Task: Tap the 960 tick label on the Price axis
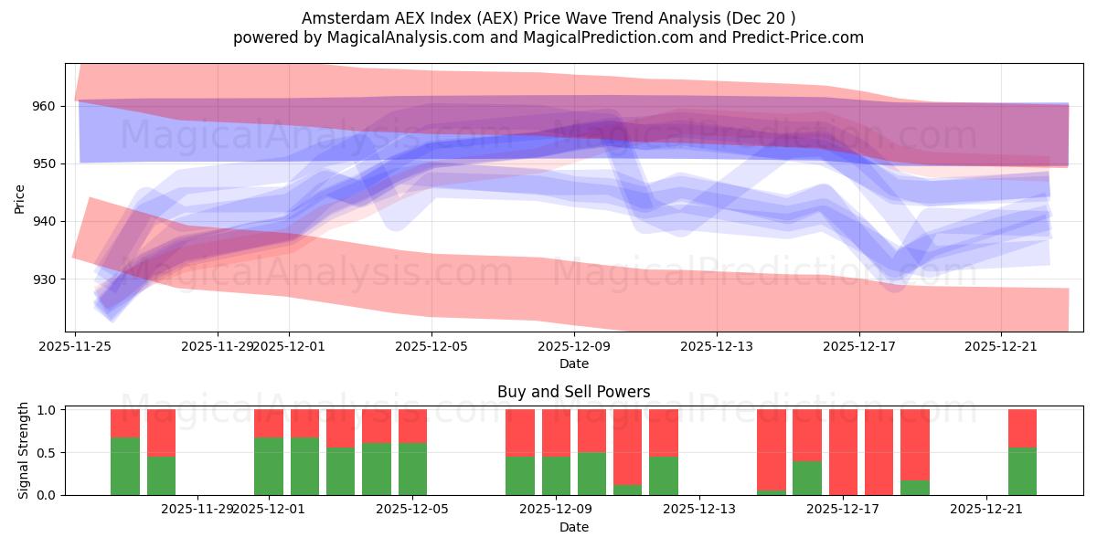[x=44, y=106]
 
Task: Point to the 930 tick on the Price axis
[x=44, y=279]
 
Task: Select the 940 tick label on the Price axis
[x=44, y=221]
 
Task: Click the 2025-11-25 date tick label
[x=75, y=346]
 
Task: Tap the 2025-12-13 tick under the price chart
[x=716, y=346]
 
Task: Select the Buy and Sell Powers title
[x=573, y=392]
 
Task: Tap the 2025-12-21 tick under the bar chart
[x=986, y=508]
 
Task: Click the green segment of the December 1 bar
[x=269, y=466]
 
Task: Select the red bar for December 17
[x=843, y=451]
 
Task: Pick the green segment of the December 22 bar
[x=1022, y=471]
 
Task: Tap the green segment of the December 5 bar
[x=412, y=469]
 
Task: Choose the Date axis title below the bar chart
[x=573, y=527]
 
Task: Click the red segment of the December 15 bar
[x=771, y=448]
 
